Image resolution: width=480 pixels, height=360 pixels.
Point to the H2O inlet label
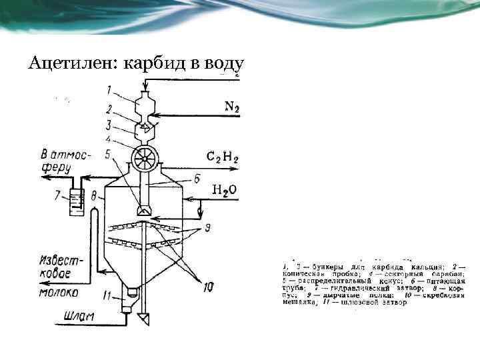coord(224,191)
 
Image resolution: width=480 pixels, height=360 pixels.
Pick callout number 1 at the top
coord(109,89)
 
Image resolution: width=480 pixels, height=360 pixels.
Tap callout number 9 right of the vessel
coord(208,229)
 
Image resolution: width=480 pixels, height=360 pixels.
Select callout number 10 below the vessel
coord(207,287)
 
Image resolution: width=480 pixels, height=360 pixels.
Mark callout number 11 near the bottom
coord(107,295)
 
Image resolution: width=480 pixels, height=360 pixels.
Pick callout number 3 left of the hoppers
coord(109,124)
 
